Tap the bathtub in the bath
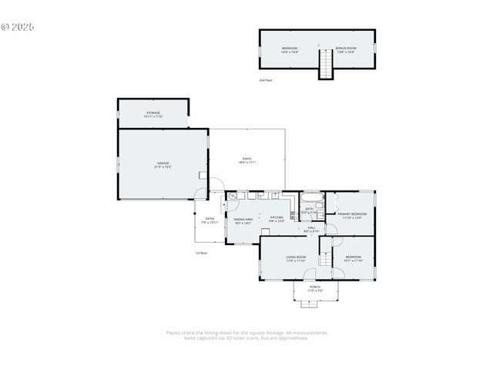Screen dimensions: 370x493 pyautogui.click(x=311, y=198)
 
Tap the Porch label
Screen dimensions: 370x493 pyautogui.click(x=315, y=288)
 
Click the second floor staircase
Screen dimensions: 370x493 pyautogui.click(x=326, y=64)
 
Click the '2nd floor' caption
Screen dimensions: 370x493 pyautogui.click(x=265, y=80)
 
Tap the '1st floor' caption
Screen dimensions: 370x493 pyautogui.click(x=200, y=253)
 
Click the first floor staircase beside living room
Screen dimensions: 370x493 pyautogui.click(x=326, y=257)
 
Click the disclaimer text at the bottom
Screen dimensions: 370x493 pyautogui.click(x=246, y=335)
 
